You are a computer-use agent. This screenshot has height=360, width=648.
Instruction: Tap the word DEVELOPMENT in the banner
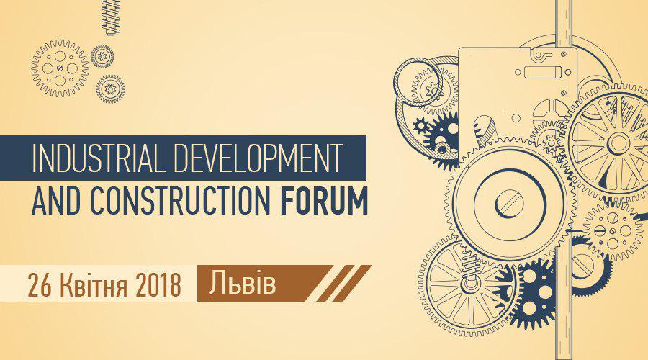tap(258, 158)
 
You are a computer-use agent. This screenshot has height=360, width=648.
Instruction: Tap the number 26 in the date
tap(40, 284)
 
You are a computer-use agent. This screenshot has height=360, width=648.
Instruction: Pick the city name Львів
tap(242, 283)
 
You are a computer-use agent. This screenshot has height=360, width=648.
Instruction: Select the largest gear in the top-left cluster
tap(60, 68)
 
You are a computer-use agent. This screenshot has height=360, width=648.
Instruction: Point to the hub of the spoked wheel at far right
tap(618, 143)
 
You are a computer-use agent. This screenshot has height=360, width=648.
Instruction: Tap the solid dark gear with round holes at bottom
tap(532, 292)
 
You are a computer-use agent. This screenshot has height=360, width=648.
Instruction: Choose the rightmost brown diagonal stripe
tap(351, 283)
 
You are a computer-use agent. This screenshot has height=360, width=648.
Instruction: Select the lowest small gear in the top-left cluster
tap(110, 89)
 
